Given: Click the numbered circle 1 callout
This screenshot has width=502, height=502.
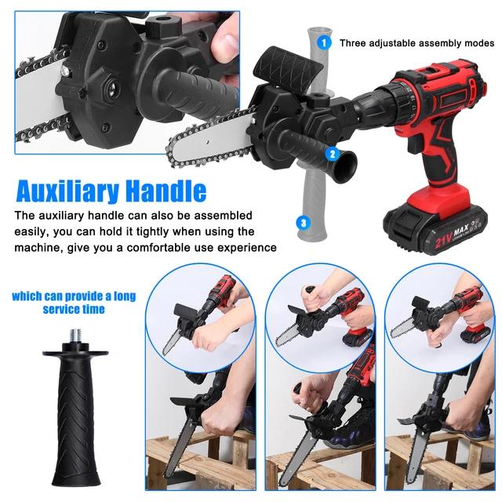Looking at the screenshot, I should click(323, 42).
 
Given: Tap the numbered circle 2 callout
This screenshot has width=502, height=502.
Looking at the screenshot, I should click(333, 155).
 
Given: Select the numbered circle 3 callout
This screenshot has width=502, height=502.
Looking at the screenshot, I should click(302, 223).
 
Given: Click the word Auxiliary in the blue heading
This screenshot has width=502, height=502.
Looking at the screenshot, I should click(67, 191).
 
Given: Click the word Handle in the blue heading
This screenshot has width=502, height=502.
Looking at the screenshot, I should click(168, 191).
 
